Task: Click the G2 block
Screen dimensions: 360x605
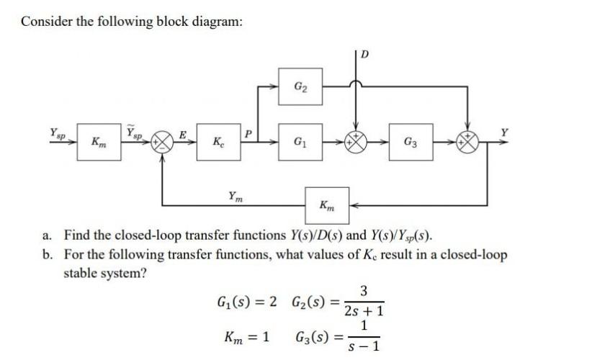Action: point(298,88)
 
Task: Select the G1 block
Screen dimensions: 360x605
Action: point(298,141)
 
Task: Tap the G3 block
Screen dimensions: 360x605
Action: point(408,141)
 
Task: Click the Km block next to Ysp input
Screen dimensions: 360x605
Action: point(95,142)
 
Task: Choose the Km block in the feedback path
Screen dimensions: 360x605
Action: point(327,204)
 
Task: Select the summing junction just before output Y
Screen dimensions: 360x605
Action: point(468,141)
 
